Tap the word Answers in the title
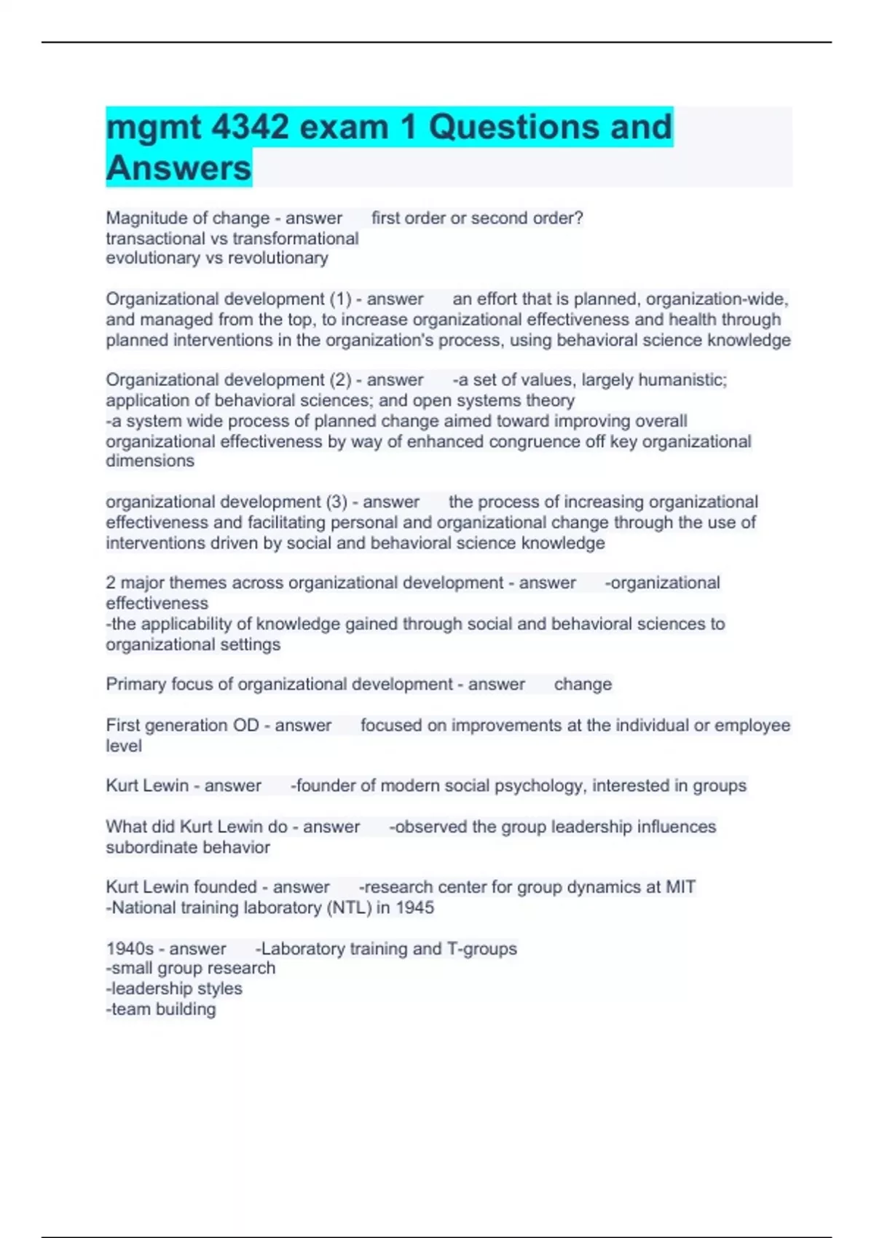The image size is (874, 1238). [x=178, y=168]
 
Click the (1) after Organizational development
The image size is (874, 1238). [x=340, y=299]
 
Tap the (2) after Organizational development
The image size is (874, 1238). [x=340, y=379]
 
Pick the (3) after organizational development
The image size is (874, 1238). [x=336, y=502]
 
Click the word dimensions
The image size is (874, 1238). [x=150, y=460]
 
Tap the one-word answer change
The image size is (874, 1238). [x=583, y=684]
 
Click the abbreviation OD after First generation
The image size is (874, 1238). [x=245, y=725]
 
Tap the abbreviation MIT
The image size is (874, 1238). [x=680, y=887]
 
